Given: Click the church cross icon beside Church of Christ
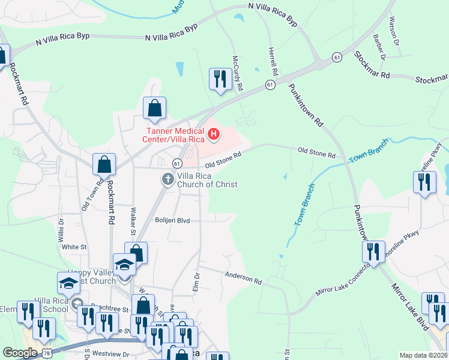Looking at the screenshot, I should pyautogui.click(x=168, y=179).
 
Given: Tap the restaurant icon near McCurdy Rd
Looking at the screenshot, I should pyautogui.click(x=220, y=78).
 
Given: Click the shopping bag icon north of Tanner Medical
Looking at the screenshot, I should pyautogui.click(x=154, y=109).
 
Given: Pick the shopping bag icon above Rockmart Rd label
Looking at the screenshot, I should pyautogui.click(x=104, y=164).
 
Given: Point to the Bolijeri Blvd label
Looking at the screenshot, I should pyautogui.click(x=172, y=221).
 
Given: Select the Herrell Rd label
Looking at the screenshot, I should pyautogui.click(x=273, y=61).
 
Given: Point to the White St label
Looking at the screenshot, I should pyautogui.click(x=74, y=247).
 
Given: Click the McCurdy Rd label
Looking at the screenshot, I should pyautogui.click(x=238, y=74).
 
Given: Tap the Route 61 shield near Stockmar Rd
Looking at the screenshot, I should pyautogui.click(x=338, y=57).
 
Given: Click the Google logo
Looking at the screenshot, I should pyautogui.click(x=20, y=353).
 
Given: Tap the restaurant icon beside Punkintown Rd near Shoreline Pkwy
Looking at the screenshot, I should pyautogui.click(x=375, y=251).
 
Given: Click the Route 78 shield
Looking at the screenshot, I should pyautogui.click(x=46, y=353).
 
